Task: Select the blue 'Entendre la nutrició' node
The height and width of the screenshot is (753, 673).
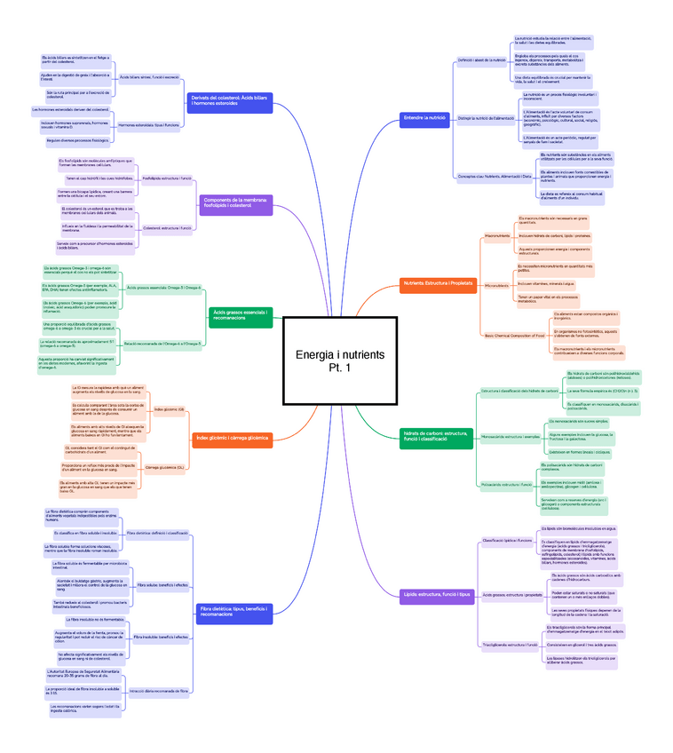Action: coord(424,117)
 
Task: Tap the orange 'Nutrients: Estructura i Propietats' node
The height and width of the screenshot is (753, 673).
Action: coord(438,283)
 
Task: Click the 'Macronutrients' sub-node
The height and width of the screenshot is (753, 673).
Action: coord(497,235)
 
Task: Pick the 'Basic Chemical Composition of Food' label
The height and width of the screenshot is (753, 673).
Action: coord(514,335)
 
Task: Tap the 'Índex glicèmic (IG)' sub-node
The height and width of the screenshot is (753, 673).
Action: coord(169,409)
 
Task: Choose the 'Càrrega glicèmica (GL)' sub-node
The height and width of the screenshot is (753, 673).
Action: coord(164,466)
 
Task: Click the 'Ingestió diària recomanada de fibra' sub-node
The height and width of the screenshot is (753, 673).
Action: coord(158,690)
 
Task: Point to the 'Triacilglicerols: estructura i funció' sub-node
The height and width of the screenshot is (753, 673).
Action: coord(510,644)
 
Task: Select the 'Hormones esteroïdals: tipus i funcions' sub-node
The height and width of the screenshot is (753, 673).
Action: coord(148,125)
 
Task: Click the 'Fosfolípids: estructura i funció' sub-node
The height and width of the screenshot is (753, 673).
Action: coord(167,178)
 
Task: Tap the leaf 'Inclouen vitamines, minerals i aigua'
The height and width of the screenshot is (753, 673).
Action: coord(547,283)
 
